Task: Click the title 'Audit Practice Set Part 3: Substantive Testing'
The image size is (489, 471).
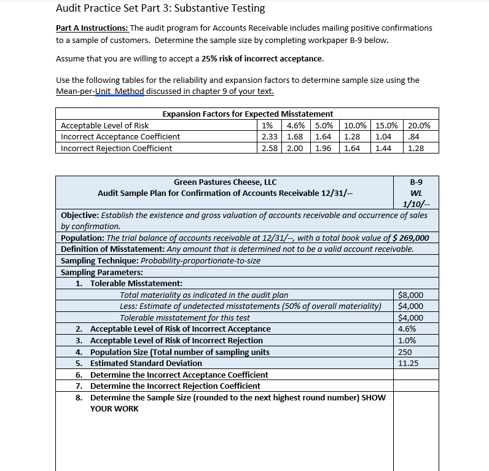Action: [160, 9]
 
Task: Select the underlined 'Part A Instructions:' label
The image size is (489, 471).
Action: [92, 28]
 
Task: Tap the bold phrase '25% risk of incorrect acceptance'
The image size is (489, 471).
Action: [262, 59]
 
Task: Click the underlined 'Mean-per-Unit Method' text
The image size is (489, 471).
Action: [100, 91]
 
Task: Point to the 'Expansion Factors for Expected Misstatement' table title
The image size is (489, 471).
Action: [248, 114]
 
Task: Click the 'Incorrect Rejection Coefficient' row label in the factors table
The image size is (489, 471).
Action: [117, 148]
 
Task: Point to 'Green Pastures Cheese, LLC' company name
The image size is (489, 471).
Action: [225, 182]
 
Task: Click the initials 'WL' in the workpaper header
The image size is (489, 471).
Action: [415, 193]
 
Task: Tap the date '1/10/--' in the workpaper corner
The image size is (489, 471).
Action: [416, 204]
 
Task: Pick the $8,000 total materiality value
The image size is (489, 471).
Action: [410, 295]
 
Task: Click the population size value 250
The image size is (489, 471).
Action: [405, 352]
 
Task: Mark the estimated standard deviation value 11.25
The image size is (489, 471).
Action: [409, 363]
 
